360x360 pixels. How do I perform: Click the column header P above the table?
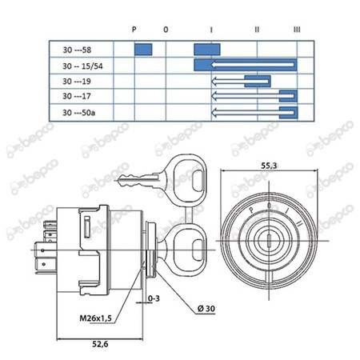[x=134, y=30]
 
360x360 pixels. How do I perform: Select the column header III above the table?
[x=297, y=30]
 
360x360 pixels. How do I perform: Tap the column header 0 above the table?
[x=166, y=30]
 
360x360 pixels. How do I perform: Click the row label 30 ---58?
[x=77, y=50]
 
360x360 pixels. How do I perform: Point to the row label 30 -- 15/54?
[x=82, y=66]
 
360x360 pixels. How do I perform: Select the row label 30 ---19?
[x=77, y=81]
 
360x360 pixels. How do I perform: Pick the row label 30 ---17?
[x=77, y=96]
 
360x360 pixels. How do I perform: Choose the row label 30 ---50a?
[x=78, y=113]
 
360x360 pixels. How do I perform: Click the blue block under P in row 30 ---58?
[x=143, y=50]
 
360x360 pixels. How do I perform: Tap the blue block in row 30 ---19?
[x=258, y=81]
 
